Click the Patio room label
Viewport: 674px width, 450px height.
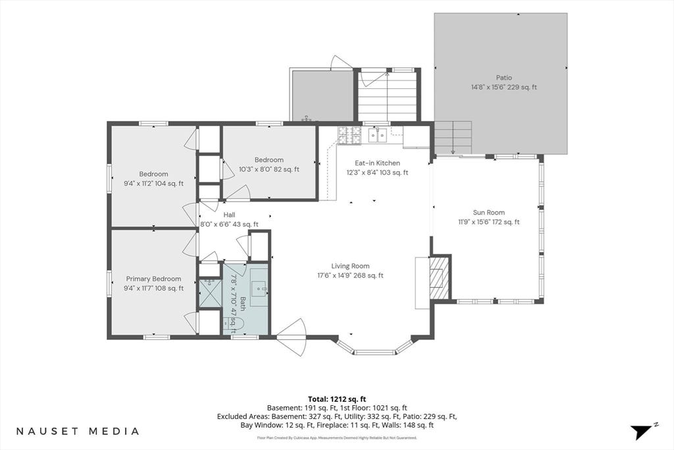pos(504,78)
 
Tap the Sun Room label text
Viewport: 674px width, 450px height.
pos(489,213)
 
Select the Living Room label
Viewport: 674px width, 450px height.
pos(350,266)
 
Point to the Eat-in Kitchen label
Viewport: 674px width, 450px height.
pos(377,163)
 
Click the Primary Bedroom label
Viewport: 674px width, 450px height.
pos(153,279)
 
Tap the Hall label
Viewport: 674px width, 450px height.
pos(229,215)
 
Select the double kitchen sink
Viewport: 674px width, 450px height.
pos(377,135)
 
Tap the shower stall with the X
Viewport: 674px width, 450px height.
pos(209,293)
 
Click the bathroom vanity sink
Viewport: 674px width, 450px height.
pos(259,287)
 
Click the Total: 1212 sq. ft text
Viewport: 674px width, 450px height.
pos(337,399)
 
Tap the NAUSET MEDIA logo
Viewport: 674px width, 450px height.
pos(78,431)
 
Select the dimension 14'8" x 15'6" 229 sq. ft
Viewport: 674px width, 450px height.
pos(504,88)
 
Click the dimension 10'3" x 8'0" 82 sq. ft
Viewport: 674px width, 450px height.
pos(269,169)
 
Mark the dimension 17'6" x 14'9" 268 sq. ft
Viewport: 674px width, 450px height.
pos(350,276)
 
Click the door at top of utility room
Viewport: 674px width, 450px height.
pos(341,63)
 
